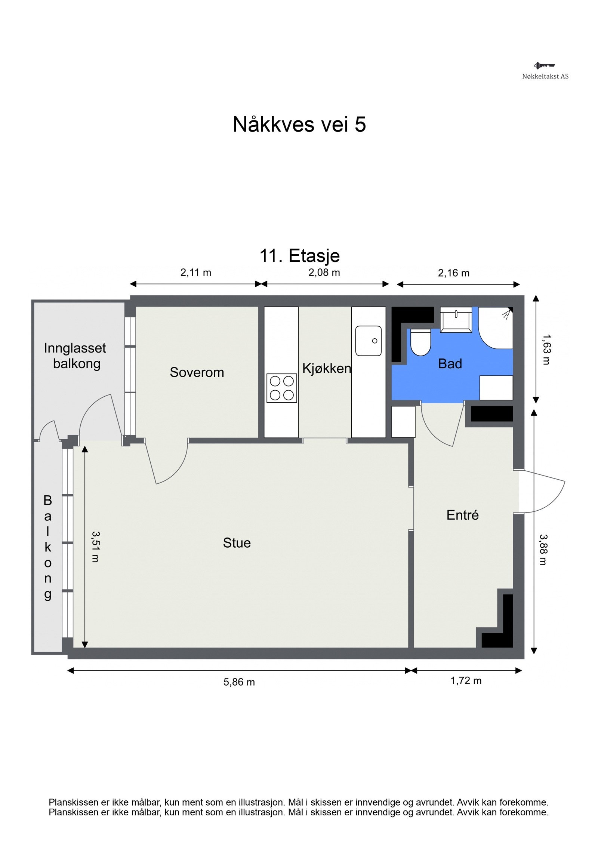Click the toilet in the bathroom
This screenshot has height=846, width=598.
point(420,342)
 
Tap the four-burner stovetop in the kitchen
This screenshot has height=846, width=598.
point(282,388)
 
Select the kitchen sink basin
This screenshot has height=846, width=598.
point(368,340)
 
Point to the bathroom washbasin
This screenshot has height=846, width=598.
point(456,320)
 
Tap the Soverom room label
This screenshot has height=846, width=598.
point(197,372)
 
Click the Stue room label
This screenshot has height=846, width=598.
point(237,542)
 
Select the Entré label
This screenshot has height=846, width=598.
point(462,515)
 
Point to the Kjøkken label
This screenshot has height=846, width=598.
point(327,369)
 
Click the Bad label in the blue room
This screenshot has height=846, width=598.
point(450,363)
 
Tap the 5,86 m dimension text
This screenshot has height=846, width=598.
point(239,682)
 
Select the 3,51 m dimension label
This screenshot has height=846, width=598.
point(95,547)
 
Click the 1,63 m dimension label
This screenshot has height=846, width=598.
point(546,349)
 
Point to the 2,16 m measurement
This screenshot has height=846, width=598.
point(454,273)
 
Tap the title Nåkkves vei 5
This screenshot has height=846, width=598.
point(299,124)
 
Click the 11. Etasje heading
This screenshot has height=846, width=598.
point(300,256)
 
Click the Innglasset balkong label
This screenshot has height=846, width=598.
point(75,356)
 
